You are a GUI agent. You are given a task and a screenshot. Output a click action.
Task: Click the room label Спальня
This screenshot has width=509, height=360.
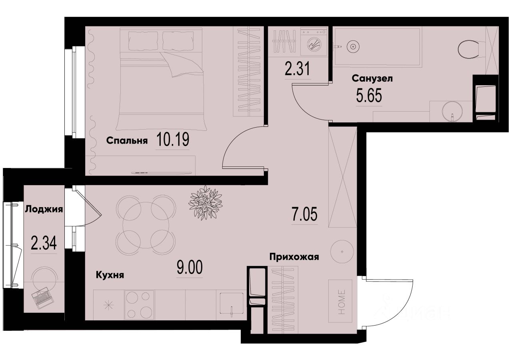[x=127, y=140]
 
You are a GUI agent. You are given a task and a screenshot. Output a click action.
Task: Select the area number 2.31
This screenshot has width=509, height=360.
[x=298, y=71]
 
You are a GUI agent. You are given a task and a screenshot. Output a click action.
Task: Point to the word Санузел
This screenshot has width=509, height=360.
[x=372, y=78]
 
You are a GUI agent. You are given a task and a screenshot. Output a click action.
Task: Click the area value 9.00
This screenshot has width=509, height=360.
[x=190, y=267]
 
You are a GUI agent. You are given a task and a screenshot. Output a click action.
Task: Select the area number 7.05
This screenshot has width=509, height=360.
[x=304, y=215]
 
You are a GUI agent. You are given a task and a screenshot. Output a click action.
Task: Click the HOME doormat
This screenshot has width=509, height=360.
[x=340, y=301]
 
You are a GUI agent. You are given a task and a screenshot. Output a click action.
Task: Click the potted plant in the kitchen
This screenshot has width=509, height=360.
[x=205, y=202]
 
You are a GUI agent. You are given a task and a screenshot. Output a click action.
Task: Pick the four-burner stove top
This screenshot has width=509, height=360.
[x=140, y=304]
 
